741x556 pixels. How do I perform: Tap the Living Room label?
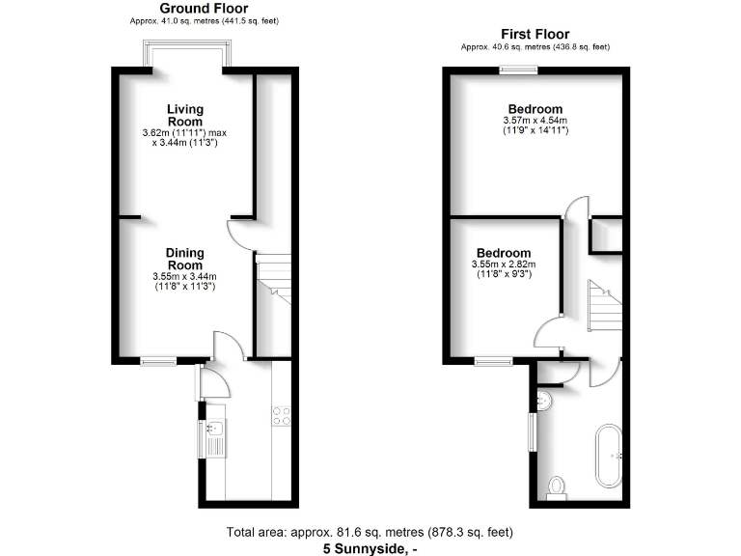[184, 115]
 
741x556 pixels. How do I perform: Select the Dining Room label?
[183, 259]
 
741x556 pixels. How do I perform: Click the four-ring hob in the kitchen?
[283, 416]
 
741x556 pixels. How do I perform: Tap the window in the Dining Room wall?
[159, 362]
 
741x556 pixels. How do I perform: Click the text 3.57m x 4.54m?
[535, 121]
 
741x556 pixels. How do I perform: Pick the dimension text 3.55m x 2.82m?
[503, 264]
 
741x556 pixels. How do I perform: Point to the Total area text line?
[370, 532]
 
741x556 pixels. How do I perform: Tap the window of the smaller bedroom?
[493, 362]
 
